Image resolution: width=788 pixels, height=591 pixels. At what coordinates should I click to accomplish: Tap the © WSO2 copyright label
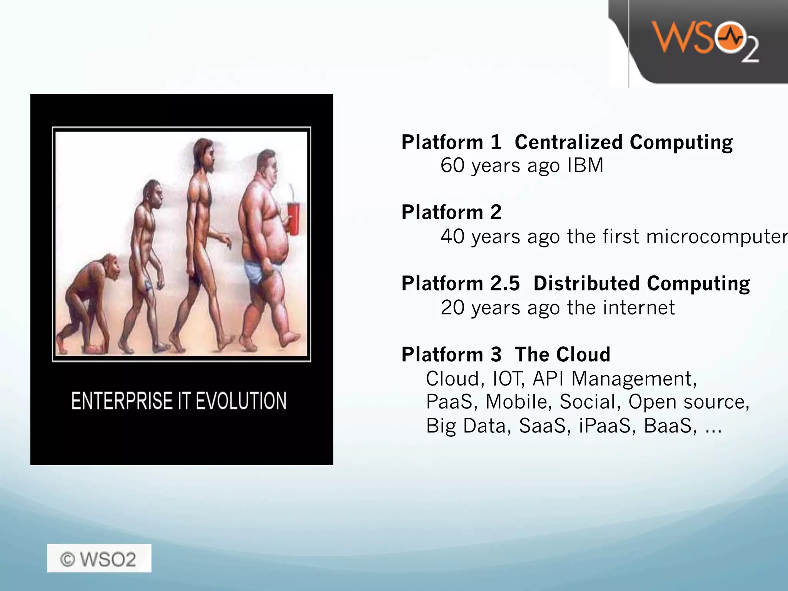coord(99,558)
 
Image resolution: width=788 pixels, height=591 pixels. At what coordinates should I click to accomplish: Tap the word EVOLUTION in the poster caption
coord(241,401)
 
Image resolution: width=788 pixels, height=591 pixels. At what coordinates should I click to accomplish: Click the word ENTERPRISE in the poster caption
coord(122,401)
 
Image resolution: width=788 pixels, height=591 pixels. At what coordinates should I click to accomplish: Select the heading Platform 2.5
coord(461,284)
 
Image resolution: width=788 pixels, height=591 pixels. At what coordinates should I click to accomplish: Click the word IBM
coord(585,165)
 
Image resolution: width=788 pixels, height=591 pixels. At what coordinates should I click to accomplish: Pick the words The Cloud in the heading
coord(563,354)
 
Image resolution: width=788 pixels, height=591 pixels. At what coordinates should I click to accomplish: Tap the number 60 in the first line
coord(452,165)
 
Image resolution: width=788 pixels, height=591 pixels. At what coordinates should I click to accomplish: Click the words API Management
coord(614,379)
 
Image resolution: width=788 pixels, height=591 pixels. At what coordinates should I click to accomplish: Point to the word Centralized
coord(568,142)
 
